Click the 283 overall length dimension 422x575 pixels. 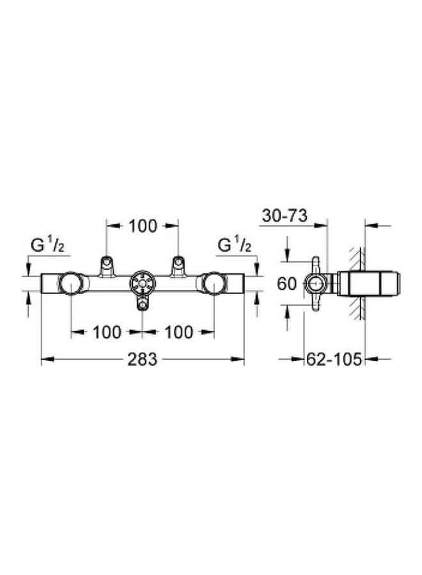142,359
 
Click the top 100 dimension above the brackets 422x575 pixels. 143,226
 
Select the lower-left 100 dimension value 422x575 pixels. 107,332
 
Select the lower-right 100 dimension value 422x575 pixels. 178,332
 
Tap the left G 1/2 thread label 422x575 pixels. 48,245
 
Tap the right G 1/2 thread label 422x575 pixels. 235,245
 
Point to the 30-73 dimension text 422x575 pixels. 285,216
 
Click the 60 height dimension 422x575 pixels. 286,284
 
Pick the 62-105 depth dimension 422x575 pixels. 334,359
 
